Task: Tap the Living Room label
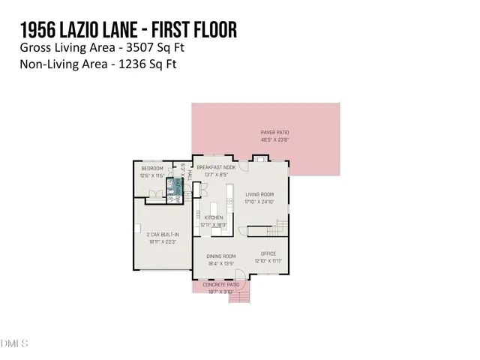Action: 259,193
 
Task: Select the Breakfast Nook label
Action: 216,167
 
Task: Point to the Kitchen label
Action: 213,217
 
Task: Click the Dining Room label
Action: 221,256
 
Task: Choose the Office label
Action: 268,253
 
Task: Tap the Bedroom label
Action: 151,169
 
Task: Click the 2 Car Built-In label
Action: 162,234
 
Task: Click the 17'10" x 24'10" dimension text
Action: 259,201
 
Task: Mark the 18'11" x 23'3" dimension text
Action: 162,241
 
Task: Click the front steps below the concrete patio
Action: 238,298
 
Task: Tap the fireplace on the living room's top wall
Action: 259,158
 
